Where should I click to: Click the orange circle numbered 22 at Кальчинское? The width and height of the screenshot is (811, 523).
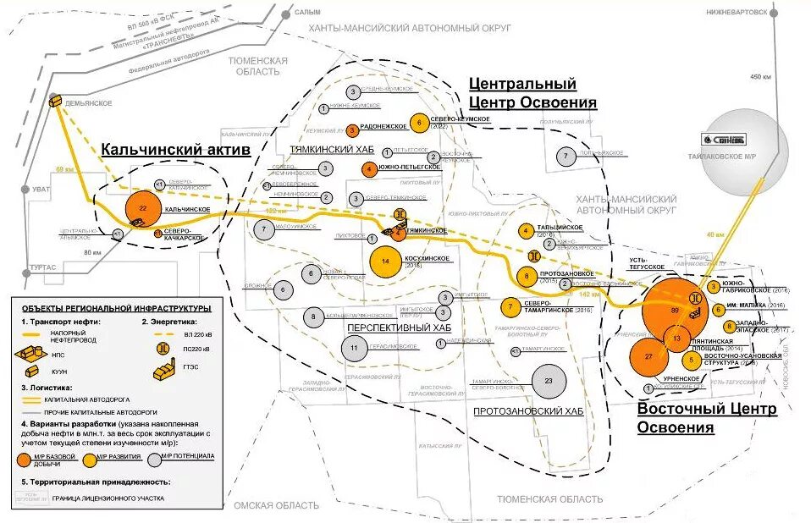143,208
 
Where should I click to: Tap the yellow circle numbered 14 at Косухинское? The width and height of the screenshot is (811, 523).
386,261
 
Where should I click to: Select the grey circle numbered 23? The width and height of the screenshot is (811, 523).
549,381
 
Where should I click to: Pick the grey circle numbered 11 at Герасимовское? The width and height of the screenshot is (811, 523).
355,348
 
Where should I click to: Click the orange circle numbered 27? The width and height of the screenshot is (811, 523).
648,357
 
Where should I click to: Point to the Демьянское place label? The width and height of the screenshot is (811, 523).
89,103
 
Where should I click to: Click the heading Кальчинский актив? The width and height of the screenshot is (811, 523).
176,150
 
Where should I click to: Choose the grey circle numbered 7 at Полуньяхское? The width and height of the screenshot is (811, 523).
565,156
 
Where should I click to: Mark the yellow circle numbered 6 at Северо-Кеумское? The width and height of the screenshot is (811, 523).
418,123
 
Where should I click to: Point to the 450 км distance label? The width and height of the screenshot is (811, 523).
761,78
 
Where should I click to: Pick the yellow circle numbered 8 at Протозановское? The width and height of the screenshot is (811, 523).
527,275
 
